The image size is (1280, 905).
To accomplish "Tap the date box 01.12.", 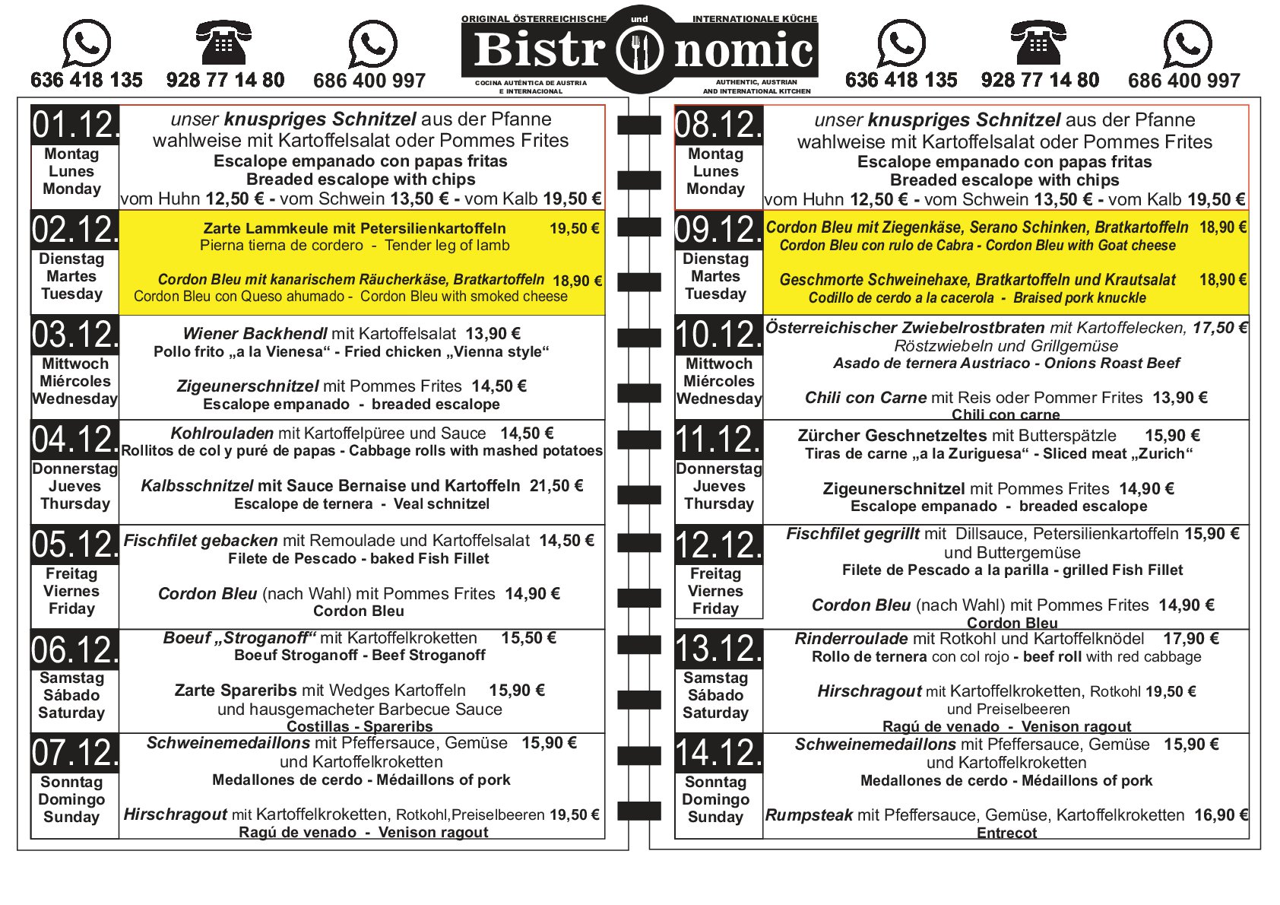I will [x=75, y=125].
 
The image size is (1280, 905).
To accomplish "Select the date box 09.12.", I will [x=718, y=230].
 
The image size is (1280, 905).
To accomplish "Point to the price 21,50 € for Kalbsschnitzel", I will [x=556, y=486].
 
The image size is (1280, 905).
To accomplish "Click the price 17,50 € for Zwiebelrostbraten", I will [x=1219, y=328].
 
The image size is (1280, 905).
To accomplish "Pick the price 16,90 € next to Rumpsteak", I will [x=1221, y=815].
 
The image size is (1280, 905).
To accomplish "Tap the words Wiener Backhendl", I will [x=255, y=334].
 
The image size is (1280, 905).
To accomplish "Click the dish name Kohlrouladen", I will [x=222, y=433].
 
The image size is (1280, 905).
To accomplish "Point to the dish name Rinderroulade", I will [x=851, y=639].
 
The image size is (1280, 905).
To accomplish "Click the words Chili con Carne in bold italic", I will [x=865, y=398].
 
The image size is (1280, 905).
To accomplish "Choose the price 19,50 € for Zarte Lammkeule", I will [x=574, y=228].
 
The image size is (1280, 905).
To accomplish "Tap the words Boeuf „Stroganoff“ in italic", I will [x=239, y=638].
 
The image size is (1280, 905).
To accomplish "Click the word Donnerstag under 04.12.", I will [x=74, y=469].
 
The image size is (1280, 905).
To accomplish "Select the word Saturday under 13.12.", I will [x=715, y=713].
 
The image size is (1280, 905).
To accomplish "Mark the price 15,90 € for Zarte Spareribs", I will [x=517, y=691].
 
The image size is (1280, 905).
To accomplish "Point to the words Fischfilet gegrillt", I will [x=853, y=535].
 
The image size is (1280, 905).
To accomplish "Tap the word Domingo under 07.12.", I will [x=71, y=799].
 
